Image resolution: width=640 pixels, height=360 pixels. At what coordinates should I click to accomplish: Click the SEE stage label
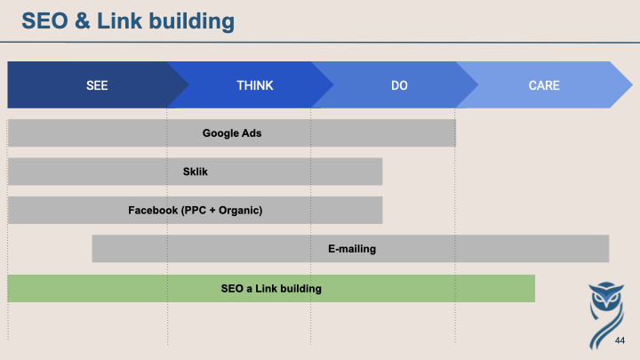pyautogui.click(x=97, y=85)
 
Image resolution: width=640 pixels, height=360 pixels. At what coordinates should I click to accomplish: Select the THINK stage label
pyautogui.click(x=255, y=85)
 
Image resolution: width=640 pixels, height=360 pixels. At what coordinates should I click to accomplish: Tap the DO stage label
pyautogui.click(x=399, y=85)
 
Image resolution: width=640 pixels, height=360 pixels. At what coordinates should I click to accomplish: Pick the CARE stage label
pyautogui.click(x=544, y=85)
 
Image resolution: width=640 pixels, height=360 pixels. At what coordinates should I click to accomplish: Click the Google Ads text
pyautogui.click(x=232, y=133)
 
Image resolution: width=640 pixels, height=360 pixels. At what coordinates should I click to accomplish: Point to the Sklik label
pyautogui.click(x=195, y=172)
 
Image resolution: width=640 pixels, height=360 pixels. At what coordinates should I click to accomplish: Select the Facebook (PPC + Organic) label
pyautogui.click(x=195, y=210)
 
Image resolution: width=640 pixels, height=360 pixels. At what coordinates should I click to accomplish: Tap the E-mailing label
pyautogui.click(x=352, y=249)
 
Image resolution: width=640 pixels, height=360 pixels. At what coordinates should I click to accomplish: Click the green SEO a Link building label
pyautogui.click(x=271, y=289)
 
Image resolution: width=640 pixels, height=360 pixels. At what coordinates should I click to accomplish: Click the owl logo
pyautogui.click(x=606, y=315)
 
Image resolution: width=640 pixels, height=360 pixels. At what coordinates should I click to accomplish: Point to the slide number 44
pyautogui.click(x=620, y=340)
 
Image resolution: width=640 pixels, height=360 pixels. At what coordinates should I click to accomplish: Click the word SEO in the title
pyautogui.click(x=45, y=20)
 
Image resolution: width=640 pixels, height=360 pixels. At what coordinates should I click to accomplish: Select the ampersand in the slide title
pyautogui.click(x=83, y=20)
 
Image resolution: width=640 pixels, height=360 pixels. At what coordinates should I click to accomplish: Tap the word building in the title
pyautogui.click(x=191, y=21)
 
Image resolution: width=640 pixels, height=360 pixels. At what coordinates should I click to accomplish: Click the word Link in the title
pyautogui.click(x=120, y=20)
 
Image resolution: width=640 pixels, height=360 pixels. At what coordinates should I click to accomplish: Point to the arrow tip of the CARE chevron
pyautogui.click(x=632, y=85)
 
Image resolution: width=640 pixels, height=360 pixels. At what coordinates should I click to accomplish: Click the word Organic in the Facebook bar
pyautogui.click(x=239, y=211)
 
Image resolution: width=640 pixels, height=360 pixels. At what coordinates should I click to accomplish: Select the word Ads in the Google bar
pyautogui.click(x=252, y=133)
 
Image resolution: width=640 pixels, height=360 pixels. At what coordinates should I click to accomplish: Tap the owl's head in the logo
pyautogui.click(x=606, y=295)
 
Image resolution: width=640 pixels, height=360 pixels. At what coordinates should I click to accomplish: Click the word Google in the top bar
pyautogui.click(x=220, y=133)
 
